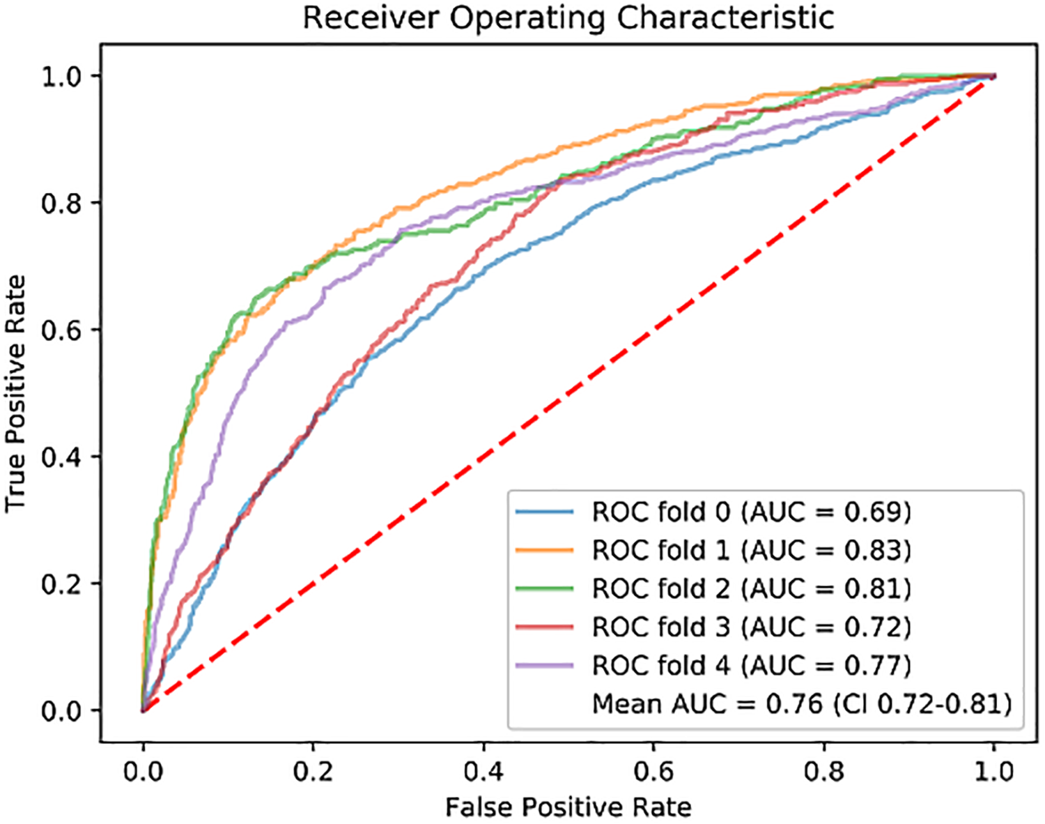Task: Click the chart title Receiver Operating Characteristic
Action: (568, 18)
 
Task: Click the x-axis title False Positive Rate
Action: (568, 807)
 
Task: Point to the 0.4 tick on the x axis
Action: (483, 771)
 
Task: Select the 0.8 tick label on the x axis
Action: (824, 771)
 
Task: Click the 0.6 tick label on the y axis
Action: (61, 330)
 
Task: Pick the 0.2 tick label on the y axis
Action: (61, 584)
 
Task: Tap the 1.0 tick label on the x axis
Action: (993, 771)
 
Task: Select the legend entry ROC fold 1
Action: (751, 551)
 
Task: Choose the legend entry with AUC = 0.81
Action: (751, 589)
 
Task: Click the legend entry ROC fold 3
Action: (751, 627)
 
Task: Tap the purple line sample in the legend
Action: (545, 666)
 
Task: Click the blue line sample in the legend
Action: (545, 512)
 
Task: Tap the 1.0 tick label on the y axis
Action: (61, 75)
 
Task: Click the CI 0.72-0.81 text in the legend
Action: (923, 704)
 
